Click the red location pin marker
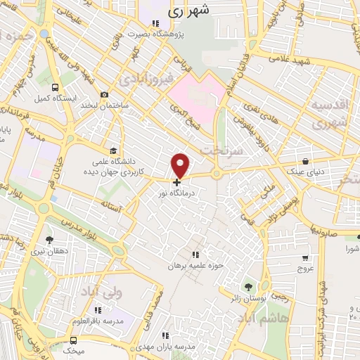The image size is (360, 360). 181,165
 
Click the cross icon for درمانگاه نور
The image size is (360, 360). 176,181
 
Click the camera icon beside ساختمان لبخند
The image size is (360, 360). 105,95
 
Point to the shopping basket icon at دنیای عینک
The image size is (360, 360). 305,161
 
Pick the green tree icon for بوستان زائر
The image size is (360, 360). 247,287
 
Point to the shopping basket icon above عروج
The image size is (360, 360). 304,258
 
